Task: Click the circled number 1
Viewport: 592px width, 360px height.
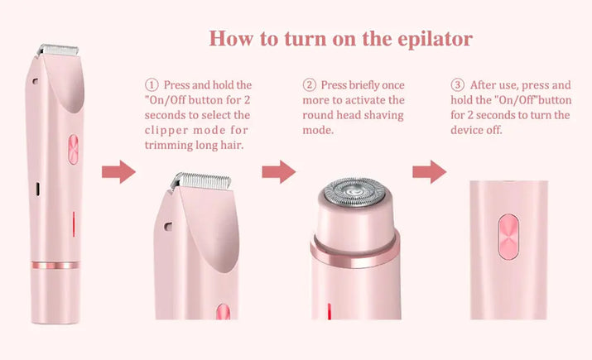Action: (x=151, y=85)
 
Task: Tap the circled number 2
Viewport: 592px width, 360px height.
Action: (x=310, y=85)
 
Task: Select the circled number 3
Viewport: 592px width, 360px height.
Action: (x=457, y=85)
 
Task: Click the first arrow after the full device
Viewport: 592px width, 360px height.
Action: (x=118, y=172)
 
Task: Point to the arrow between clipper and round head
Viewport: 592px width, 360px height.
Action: (x=278, y=172)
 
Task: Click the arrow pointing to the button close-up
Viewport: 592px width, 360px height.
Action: (x=429, y=172)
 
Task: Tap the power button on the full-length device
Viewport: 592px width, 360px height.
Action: (x=71, y=150)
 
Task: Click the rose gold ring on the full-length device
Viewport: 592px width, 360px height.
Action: (x=56, y=266)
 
